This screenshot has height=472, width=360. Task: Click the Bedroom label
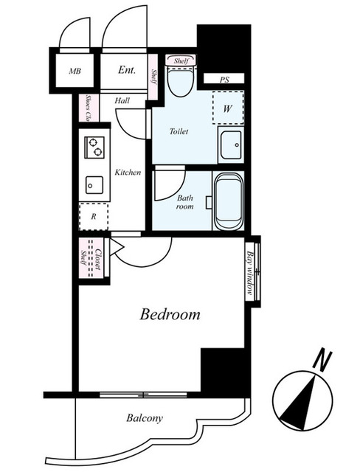(x=170, y=314)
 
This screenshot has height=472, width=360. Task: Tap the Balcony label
(x=145, y=418)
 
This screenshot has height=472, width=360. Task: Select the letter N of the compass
(x=322, y=361)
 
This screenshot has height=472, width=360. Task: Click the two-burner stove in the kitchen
(x=94, y=147)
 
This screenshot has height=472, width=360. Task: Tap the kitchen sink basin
(x=94, y=185)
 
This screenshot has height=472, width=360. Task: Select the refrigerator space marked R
(x=94, y=216)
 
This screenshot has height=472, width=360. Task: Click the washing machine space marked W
(x=228, y=108)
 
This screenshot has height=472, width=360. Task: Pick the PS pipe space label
(x=224, y=80)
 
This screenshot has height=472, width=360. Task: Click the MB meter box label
(x=75, y=72)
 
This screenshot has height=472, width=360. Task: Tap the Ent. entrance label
(x=127, y=70)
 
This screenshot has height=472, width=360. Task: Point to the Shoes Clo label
(x=89, y=108)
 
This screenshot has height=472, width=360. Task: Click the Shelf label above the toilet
(x=181, y=61)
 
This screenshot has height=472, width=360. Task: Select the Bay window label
(x=249, y=272)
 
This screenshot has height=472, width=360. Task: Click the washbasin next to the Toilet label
(x=231, y=145)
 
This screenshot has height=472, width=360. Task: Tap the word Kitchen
(x=128, y=173)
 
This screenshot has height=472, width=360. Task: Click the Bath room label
(x=185, y=202)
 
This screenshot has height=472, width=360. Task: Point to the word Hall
(x=122, y=100)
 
